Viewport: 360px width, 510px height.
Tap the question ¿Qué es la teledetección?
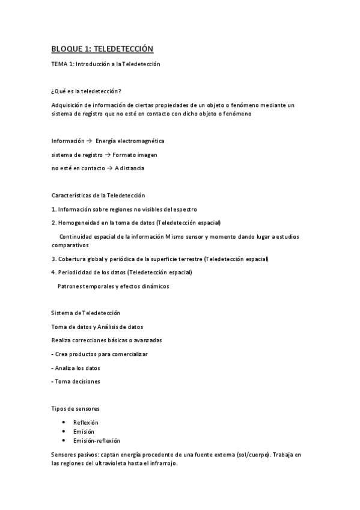coord(87,91)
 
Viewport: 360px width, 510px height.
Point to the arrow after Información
coord(89,141)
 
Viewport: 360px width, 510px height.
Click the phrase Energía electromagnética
coord(130,141)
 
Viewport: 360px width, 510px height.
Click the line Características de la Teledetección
coord(98,195)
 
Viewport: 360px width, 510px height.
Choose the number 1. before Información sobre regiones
coord(53,209)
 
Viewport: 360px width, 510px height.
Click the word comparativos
coord(70,245)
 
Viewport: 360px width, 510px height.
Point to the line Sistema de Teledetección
coord(86,313)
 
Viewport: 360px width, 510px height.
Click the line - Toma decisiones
coord(76,381)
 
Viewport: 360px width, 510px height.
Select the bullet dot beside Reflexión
coord(64,422)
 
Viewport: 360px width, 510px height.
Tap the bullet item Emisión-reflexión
coord(97,440)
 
